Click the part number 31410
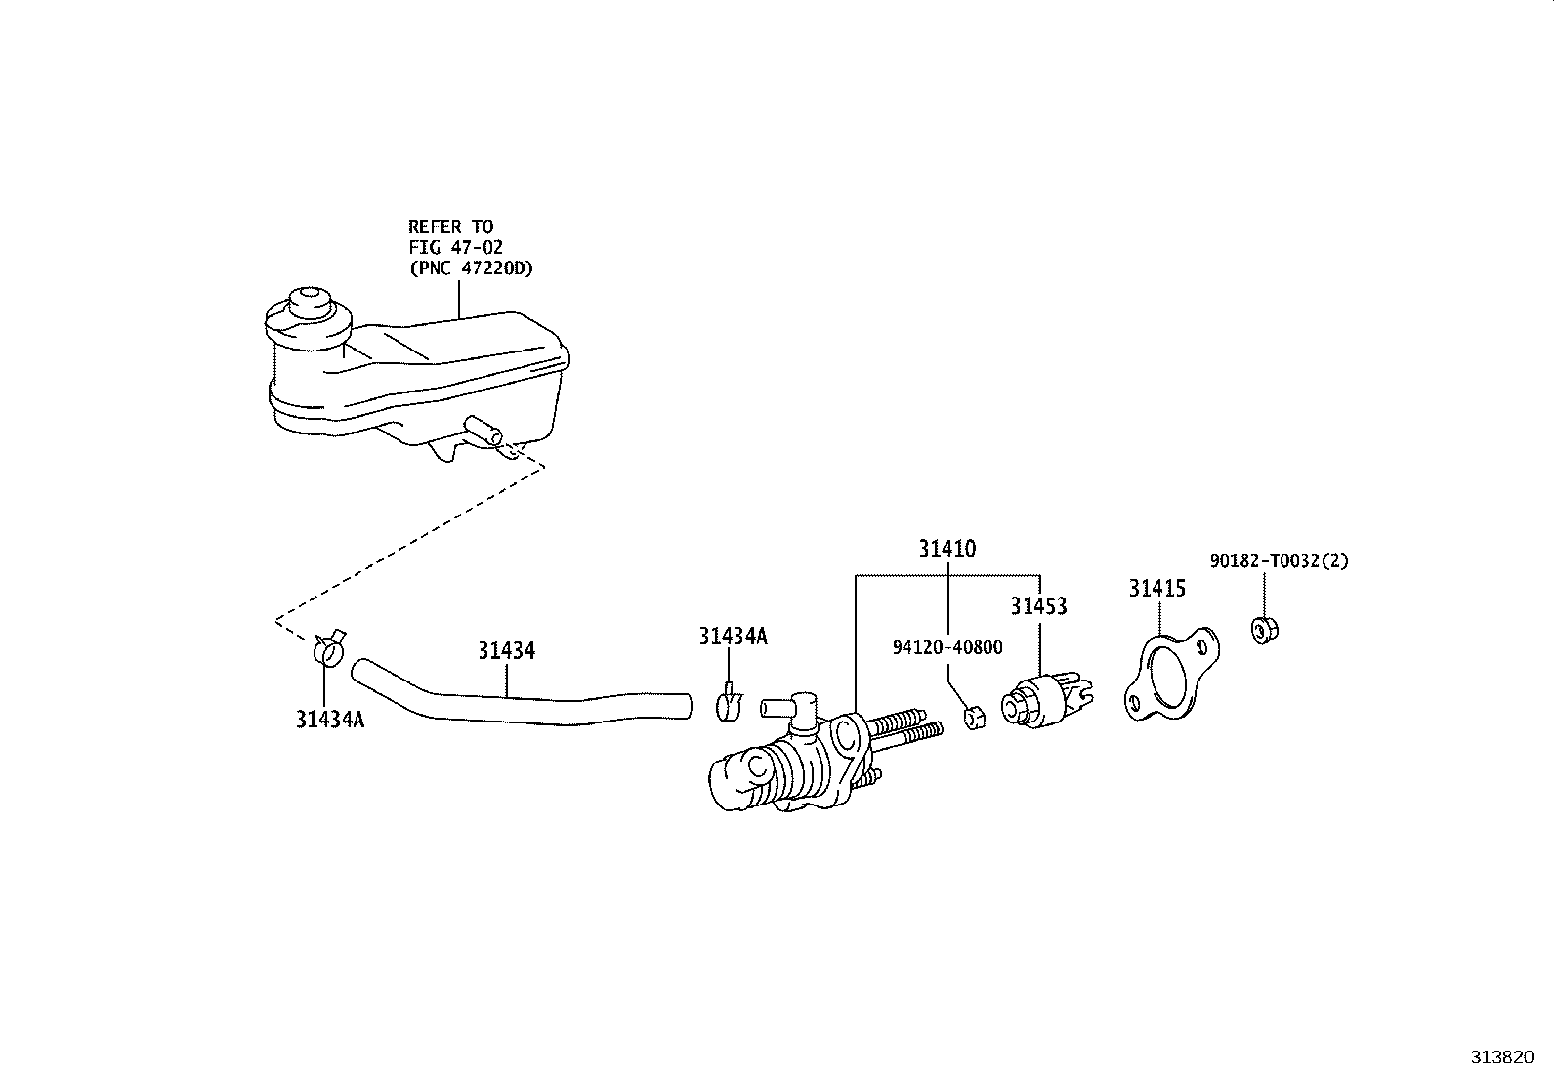click(x=946, y=549)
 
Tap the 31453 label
click(x=1038, y=606)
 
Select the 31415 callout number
click(x=1156, y=589)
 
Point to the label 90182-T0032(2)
click(x=1279, y=560)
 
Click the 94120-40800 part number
click(x=947, y=647)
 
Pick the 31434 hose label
click(x=506, y=651)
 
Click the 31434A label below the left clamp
click(x=330, y=720)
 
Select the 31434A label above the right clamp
click(x=733, y=637)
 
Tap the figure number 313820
click(x=1502, y=1057)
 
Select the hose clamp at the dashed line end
click(x=328, y=647)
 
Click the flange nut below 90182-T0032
click(x=1264, y=630)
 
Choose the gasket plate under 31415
click(x=1171, y=674)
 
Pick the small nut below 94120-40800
click(x=975, y=718)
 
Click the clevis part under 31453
click(x=1046, y=700)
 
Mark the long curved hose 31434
click(x=521, y=696)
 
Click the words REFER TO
click(x=450, y=227)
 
